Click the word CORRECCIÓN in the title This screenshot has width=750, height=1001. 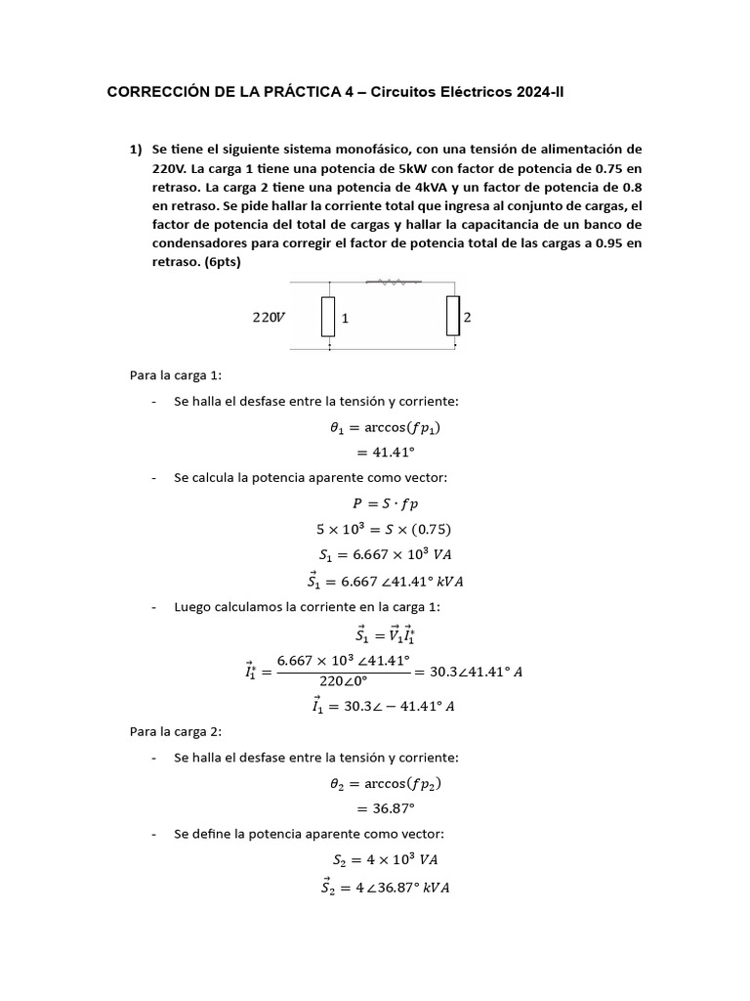click(156, 93)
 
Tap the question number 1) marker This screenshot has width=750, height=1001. click(137, 150)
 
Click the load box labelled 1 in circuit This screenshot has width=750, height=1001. click(329, 317)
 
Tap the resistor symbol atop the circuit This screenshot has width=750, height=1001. click(395, 283)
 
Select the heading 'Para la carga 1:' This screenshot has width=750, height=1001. click(176, 374)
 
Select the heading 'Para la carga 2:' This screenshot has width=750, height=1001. click(176, 731)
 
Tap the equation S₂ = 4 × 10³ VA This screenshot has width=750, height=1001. click(384, 859)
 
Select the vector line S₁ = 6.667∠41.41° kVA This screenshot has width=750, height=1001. click(384, 581)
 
